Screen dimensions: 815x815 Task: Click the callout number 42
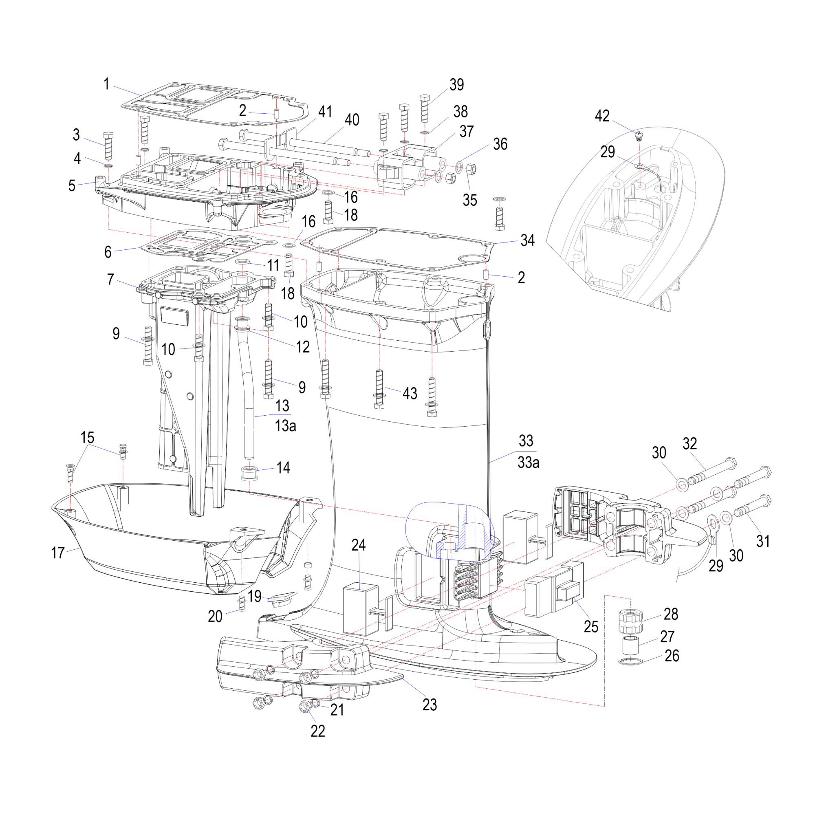click(602, 116)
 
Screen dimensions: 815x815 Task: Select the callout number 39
click(457, 85)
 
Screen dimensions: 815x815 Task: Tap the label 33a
click(528, 463)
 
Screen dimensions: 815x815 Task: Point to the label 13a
click(286, 426)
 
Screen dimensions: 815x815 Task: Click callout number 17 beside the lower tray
click(58, 553)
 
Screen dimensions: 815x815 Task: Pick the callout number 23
click(430, 705)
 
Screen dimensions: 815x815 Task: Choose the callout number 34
click(527, 240)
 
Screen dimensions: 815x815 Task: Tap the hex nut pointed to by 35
click(472, 169)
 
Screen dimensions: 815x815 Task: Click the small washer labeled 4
click(108, 166)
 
